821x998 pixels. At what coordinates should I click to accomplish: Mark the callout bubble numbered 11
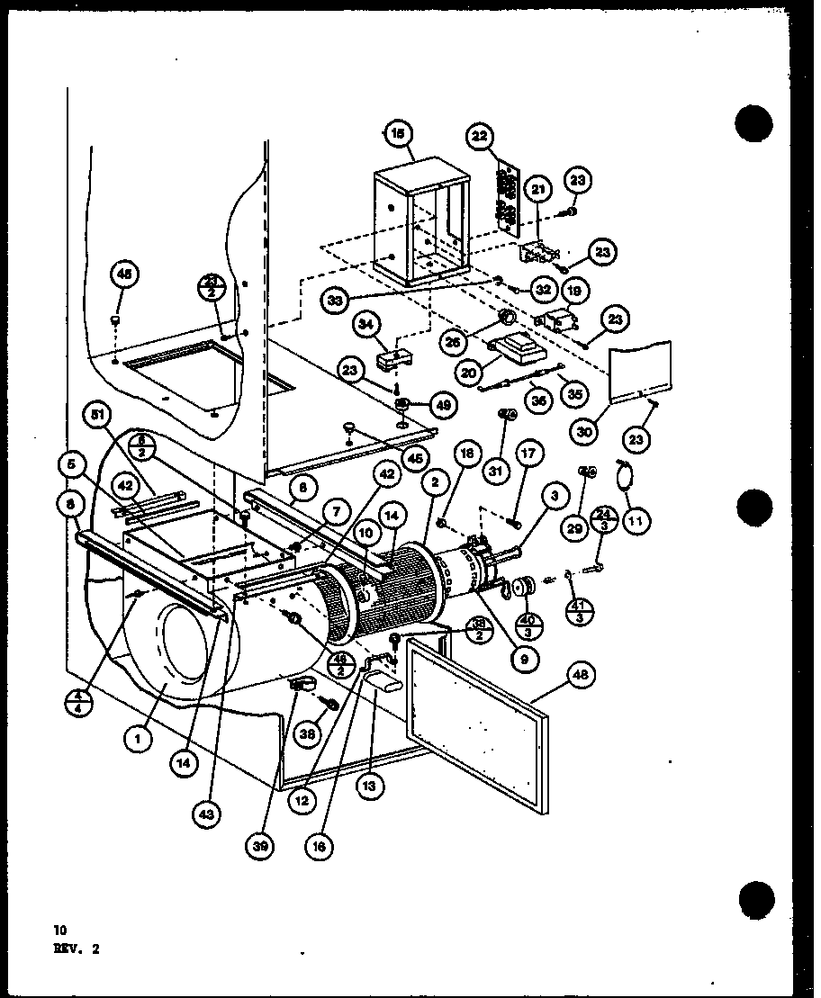tap(637, 519)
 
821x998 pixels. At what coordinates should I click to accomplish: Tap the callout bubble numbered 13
tap(371, 784)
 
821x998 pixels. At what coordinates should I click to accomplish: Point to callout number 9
tap(524, 658)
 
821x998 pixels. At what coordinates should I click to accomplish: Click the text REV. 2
tap(77, 946)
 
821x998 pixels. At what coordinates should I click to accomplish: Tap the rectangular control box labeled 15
tap(421, 225)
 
